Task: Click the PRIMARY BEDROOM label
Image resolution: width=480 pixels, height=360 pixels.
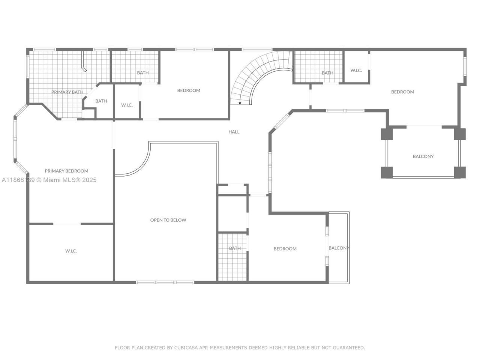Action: coord(66,171)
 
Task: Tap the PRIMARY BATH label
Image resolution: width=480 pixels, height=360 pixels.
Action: coord(67,92)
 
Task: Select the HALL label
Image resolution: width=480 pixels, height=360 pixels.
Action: coord(234,132)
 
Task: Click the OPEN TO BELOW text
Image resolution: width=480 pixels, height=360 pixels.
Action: coord(168,220)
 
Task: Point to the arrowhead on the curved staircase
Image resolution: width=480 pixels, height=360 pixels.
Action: coord(240,103)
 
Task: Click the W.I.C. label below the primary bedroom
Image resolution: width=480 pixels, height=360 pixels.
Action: coord(71,251)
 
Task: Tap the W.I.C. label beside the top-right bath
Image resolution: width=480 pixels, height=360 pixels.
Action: coord(356,70)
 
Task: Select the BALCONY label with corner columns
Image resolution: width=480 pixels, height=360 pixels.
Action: coord(423,156)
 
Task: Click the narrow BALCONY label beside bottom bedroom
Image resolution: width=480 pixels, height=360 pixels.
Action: coord(339,248)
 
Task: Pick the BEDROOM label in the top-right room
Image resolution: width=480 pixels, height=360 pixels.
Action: coord(402,92)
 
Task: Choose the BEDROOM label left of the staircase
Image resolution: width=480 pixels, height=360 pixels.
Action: coord(189,90)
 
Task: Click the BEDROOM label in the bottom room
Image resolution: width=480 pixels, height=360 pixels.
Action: coord(285,249)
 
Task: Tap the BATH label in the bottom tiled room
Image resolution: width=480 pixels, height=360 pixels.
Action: coord(235,248)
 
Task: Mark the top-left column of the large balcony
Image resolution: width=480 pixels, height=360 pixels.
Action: coord(387,134)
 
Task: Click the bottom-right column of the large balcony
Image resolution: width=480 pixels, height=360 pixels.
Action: coord(459,172)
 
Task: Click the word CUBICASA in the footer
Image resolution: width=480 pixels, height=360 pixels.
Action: coord(187,348)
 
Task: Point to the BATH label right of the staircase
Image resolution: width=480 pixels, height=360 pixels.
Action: coord(327,73)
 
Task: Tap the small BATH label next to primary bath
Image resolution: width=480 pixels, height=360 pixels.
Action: coord(101,101)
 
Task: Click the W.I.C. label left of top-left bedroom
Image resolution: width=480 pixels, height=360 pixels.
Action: coord(127,105)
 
